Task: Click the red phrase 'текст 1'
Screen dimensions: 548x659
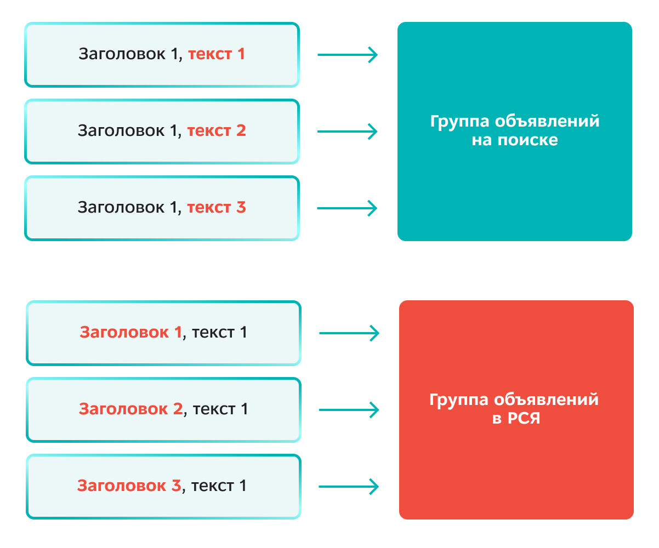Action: [x=217, y=54]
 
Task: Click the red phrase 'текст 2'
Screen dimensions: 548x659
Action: [x=217, y=131]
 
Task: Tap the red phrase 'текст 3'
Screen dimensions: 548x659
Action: [x=217, y=208]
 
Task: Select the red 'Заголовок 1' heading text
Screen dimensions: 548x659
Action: [x=130, y=333]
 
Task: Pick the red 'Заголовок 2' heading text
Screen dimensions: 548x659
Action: [x=130, y=409]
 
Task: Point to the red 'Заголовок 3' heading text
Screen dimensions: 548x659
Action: [x=129, y=486]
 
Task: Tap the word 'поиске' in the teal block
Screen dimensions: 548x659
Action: [x=527, y=140]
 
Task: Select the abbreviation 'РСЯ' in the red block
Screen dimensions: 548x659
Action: [x=523, y=419]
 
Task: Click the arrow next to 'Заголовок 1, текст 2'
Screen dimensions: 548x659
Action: [x=348, y=132]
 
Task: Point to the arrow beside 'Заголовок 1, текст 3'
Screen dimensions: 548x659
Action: [x=348, y=208]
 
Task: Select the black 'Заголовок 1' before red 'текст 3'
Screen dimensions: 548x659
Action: [x=128, y=208]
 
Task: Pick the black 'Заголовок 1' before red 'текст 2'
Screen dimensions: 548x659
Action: [x=128, y=131]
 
